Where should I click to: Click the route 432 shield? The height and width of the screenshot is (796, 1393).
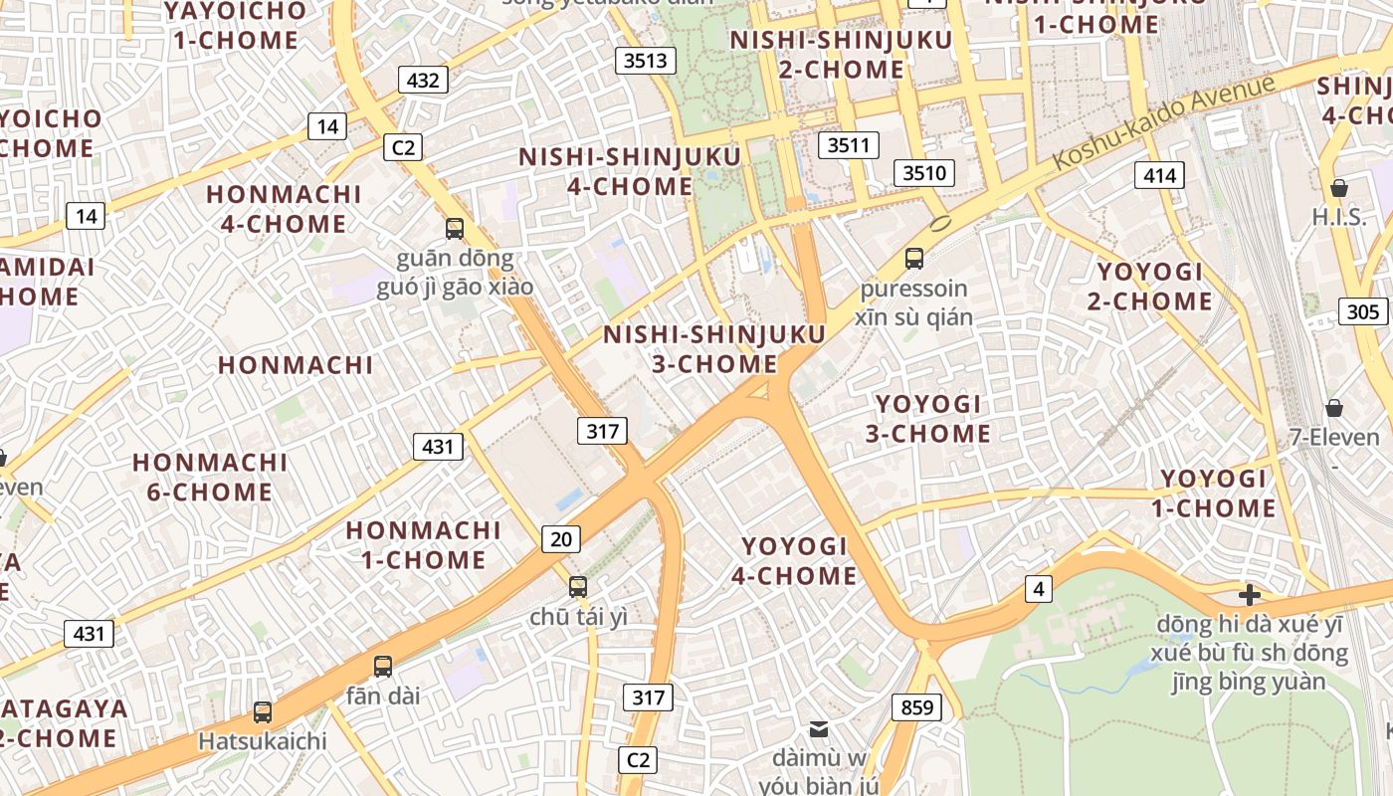[424, 80]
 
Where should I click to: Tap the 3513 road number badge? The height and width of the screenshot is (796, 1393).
[645, 61]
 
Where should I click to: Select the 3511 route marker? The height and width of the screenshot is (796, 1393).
[849, 145]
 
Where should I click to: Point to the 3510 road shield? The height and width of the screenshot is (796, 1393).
[924, 173]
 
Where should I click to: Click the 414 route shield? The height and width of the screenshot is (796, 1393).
[1159, 176]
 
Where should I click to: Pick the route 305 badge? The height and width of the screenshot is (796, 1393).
[1363, 311]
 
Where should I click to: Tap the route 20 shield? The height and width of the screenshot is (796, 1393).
[561, 539]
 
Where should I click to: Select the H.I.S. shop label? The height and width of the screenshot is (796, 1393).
[1339, 217]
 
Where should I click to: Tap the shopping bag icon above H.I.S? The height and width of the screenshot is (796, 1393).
[1339, 188]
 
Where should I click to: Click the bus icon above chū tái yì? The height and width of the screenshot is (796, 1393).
[578, 587]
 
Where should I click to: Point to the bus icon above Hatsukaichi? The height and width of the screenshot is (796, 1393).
[263, 712]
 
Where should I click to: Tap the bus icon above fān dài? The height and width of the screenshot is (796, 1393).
[383, 667]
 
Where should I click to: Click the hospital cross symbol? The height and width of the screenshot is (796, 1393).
[1250, 595]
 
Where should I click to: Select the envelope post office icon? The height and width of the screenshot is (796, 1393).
[819, 729]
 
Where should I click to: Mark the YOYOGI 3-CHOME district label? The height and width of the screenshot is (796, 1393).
[932, 419]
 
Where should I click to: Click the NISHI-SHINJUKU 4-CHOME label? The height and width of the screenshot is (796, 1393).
[630, 171]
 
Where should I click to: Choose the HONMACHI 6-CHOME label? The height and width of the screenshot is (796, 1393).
[210, 477]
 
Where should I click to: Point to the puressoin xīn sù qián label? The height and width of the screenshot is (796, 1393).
[914, 302]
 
